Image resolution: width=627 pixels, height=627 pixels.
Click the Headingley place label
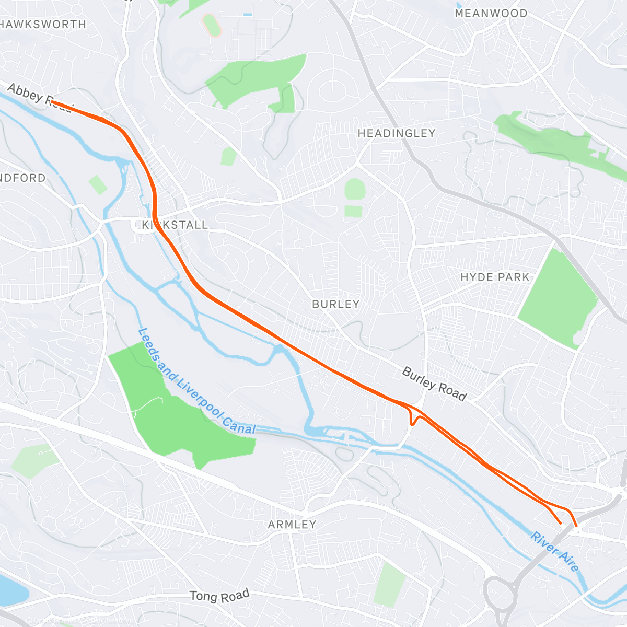tap(396, 134)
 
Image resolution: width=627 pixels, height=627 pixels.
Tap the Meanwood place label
tap(491, 14)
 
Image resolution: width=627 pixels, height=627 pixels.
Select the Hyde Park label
tap(495, 277)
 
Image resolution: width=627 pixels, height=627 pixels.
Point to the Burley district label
tap(335, 305)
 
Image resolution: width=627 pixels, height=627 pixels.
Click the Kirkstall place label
tap(175, 225)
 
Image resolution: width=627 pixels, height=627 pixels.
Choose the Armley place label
tap(292, 525)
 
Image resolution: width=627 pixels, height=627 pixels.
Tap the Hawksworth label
tap(43, 25)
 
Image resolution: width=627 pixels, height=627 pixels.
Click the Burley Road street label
tap(434, 384)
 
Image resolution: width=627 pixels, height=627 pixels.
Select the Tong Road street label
tap(219, 596)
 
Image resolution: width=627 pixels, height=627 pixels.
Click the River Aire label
tap(554, 552)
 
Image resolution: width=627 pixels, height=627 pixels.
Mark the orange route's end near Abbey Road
tap(53, 102)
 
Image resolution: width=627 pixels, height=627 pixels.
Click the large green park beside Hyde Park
tap(558, 298)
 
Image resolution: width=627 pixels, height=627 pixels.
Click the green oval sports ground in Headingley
tap(354, 189)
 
